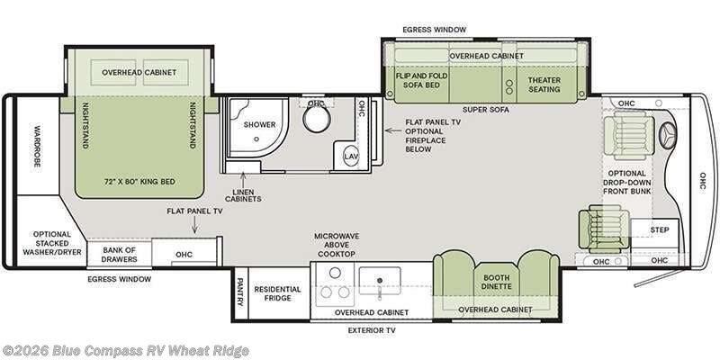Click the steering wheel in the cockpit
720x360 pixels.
pos(668,136)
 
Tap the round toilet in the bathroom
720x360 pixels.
pos(317,119)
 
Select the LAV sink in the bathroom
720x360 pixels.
pos(351,156)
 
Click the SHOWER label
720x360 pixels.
pos(259,124)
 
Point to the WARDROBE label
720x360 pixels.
pos(38,146)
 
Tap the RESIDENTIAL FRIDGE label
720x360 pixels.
pos(278,293)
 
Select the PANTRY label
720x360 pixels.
pos(239,292)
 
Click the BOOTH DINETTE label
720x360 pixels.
pos(497,282)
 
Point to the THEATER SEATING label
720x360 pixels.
pos(544,85)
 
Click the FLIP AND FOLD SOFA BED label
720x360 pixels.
pos(421,80)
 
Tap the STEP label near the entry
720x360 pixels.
pos(660,229)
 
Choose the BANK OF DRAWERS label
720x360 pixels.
pos(120,255)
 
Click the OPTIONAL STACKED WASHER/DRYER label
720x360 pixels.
pos(52,243)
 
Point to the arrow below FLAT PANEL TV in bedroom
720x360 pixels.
pos(194,225)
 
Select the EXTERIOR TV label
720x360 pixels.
pos(372,330)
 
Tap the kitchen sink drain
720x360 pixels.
pos(380,280)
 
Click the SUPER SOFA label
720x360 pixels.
pos(485,110)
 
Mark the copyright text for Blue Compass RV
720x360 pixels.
pos(125,351)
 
